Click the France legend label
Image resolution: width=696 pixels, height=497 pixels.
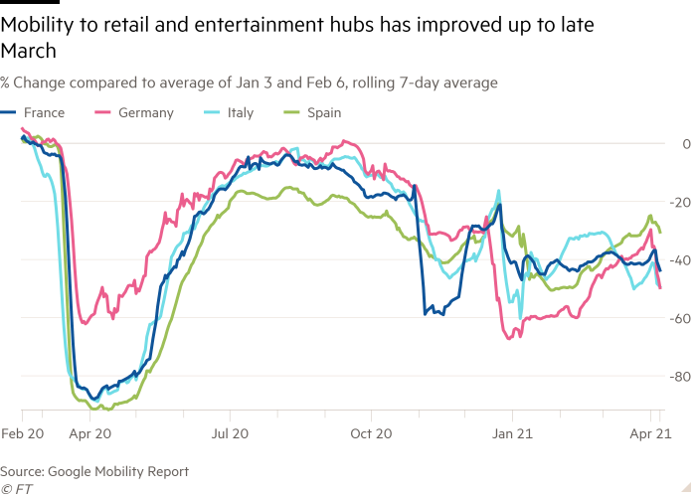44,112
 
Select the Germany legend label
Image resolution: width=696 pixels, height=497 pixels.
145,112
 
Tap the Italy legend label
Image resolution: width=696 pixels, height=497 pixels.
240,112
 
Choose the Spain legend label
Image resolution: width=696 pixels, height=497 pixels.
323,112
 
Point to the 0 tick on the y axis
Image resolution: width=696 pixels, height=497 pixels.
686,144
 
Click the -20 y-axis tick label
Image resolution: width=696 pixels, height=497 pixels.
681,202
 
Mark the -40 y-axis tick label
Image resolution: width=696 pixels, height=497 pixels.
681,260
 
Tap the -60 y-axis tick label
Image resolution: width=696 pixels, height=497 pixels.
681,318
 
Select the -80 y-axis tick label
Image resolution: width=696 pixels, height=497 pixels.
681,377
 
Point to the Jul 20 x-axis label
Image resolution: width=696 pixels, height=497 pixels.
230,433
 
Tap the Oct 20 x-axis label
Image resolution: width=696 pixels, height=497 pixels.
369,433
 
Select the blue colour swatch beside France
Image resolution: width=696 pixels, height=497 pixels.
8,112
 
